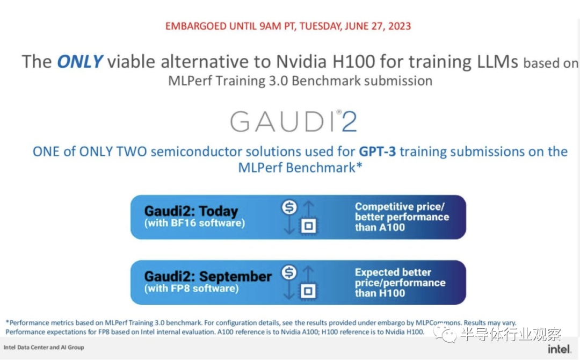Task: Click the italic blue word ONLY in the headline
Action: (79, 61)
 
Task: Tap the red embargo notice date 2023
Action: (400, 26)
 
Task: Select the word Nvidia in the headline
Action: (301, 61)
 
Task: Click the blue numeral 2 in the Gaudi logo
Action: (349, 121)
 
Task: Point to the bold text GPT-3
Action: (378, 152)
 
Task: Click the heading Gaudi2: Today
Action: (191, 211)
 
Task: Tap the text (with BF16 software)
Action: (194, 223)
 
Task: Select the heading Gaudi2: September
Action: (208, 276)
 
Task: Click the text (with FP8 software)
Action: (191, 289)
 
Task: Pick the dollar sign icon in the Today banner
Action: (289, 207)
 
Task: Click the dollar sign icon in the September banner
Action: (289, 272)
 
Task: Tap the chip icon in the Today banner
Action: (308, 226)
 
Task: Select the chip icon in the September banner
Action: (308, 291)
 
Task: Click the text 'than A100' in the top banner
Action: (380, 227)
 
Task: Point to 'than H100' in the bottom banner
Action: (380, 293)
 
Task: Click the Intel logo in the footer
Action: (559, 349)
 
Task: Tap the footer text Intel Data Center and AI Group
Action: (44, 348)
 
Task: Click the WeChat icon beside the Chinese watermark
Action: (445, 334)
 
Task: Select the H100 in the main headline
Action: (353, 61)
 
